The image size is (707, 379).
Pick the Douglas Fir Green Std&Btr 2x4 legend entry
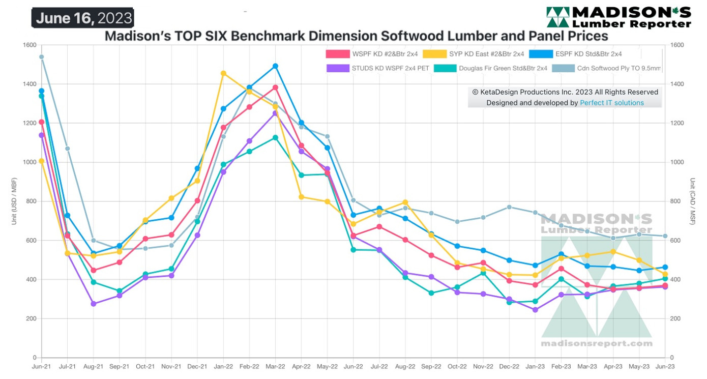[x=491, y=68]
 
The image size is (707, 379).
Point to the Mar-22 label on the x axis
[x=275, y=366]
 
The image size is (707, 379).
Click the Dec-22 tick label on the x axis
[x=509, y=366]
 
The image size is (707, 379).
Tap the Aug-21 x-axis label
[x=94, y=366]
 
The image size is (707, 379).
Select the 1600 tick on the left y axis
[x=29, y=45]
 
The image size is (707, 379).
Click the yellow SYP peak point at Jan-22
[x=223, y=74]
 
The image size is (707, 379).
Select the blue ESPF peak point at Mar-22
[x=275, y=66]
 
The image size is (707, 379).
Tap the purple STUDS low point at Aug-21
[x=94, y=304]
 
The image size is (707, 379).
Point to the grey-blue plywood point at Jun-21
[x=42, y=57]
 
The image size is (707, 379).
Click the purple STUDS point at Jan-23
[x=535, y=310]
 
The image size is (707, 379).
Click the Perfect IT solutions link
[x=612, y=103]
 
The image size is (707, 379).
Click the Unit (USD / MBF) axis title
[x=14, y=201]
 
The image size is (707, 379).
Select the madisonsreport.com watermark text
[x=596, y=343]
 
